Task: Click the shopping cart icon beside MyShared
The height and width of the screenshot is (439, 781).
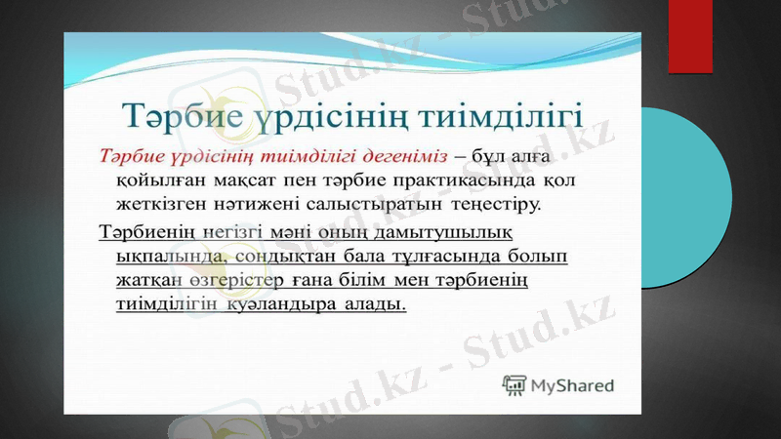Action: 514,384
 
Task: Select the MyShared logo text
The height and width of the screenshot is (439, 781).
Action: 572,384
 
